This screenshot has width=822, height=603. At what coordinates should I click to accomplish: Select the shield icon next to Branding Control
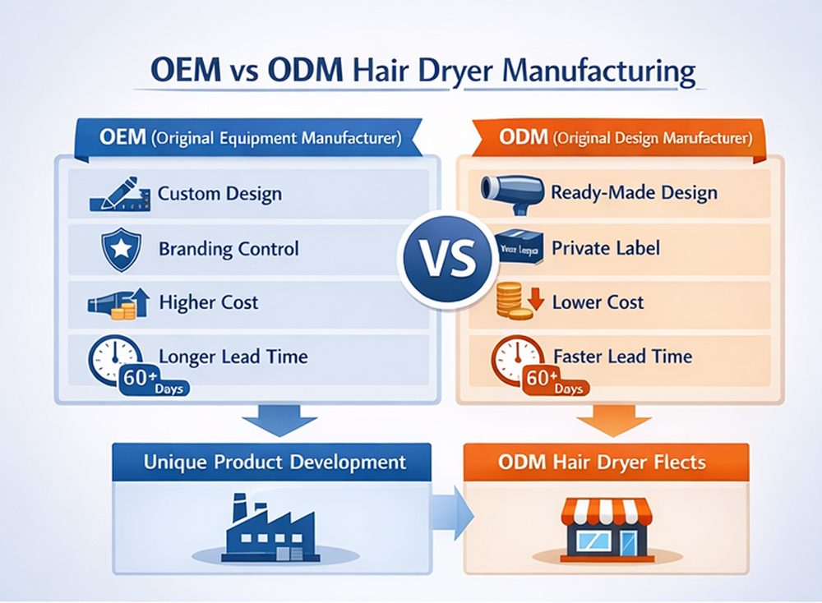click(x=115, y=248)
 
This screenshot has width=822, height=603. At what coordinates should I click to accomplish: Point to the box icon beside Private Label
click(x=520, y=248)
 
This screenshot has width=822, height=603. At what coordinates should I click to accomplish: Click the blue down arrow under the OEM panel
click(x=279, y=420)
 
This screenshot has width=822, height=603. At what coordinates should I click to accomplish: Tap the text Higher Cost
click(x=208, y=302)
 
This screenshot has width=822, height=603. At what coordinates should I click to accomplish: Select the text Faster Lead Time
click(x=622, y=357)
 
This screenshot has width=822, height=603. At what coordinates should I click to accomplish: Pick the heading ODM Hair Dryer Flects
click(x=602, y=462)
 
